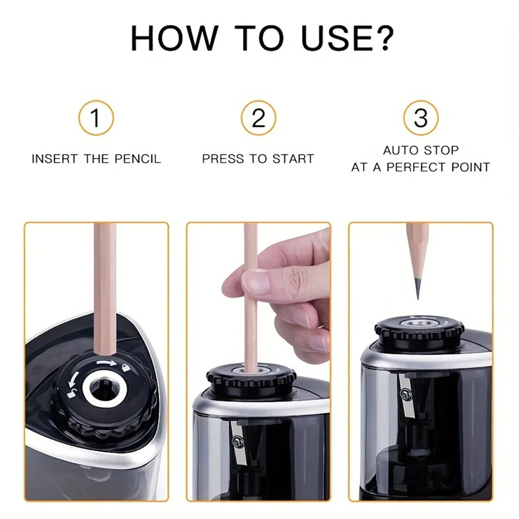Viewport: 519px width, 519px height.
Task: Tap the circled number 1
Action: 96,118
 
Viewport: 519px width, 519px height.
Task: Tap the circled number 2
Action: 258,118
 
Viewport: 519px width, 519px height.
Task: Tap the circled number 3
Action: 420,118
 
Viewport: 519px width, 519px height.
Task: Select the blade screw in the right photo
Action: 406,394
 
